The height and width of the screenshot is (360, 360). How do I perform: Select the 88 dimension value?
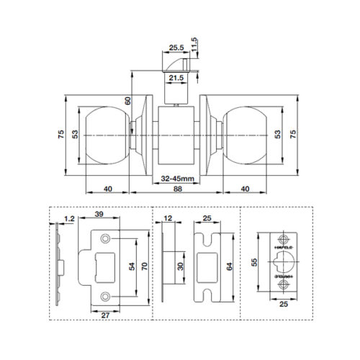coord(179,190)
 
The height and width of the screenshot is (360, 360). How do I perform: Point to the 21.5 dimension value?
coord(176,77)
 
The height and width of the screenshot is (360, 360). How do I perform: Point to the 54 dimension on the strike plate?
coord(130,266)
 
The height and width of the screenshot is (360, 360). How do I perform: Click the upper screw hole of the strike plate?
coord(106,237)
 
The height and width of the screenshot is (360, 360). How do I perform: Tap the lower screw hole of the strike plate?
coord(106,295)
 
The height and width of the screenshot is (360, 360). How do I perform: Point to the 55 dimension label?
coord(253,264)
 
